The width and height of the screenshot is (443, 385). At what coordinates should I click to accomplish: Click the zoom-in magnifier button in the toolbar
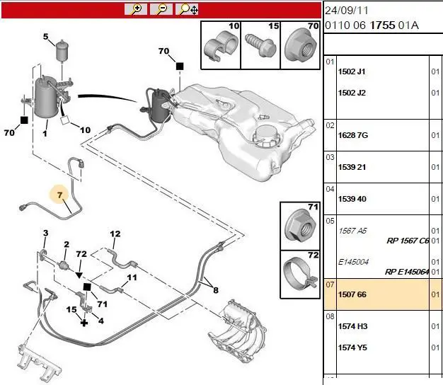136,9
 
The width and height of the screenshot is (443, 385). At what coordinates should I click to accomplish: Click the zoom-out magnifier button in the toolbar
161,9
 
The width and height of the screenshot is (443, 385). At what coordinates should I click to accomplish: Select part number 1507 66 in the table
352,294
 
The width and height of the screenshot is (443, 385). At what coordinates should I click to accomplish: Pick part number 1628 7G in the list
353,135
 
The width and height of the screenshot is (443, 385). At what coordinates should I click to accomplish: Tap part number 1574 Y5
352,347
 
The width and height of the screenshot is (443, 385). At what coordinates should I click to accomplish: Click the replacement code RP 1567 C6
408,241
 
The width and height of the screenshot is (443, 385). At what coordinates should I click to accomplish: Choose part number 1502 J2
352,93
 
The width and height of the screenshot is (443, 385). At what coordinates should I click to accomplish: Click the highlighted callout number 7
59,195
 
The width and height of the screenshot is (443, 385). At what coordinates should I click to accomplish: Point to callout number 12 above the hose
115,234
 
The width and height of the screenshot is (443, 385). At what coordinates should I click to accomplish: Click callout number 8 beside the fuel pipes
216,290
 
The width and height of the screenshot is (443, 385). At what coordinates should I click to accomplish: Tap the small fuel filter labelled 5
61,51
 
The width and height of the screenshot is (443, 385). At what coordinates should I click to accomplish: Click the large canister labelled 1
45,98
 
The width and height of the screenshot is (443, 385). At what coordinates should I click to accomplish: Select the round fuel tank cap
266,136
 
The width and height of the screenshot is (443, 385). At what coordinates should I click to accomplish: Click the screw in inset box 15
260,45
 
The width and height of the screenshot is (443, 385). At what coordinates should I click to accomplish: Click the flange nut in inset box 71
300,226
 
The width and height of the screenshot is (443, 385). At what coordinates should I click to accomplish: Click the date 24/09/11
347,11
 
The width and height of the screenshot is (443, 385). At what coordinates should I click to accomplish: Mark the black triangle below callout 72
79,275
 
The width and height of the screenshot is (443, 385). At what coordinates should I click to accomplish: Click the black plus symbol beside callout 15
84,323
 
